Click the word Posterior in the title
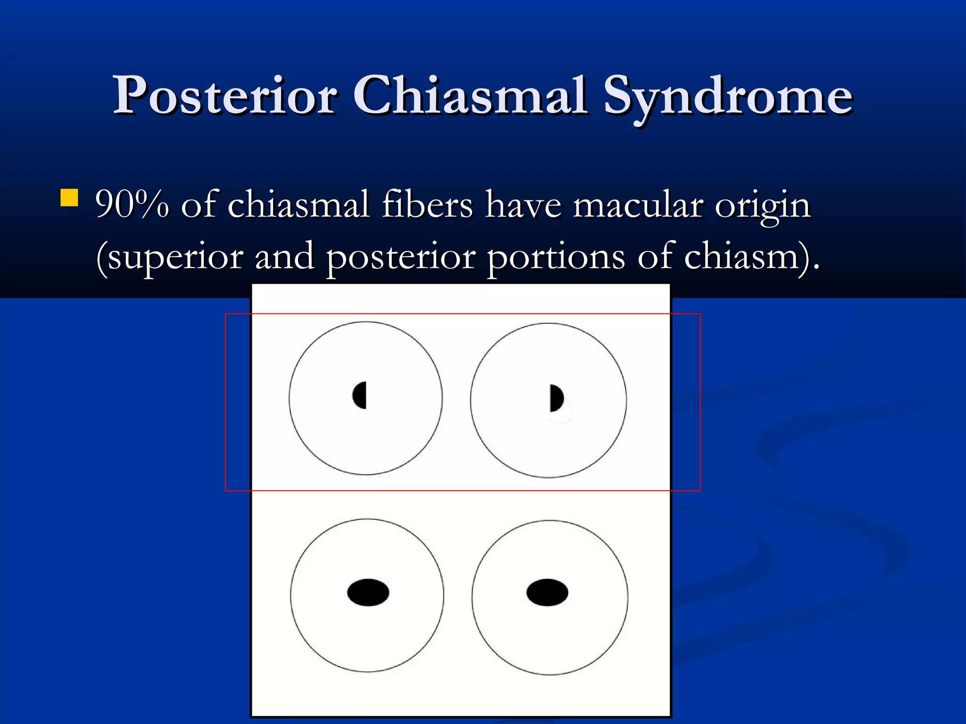pos(225,96)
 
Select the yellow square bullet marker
pos(69,198)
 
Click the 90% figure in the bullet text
pos(132,205)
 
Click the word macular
pos(638,206)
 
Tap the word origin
pos(763,206)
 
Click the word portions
pos(556,257)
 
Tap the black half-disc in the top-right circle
pos(556,398)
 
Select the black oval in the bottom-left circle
pos(368,592)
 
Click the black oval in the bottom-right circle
pos(547,592)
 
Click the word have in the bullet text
pos(523,206)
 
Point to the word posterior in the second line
pos(400,257)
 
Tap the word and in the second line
pos(284,256)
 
